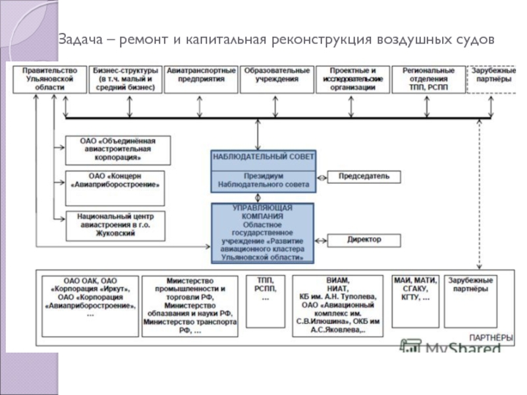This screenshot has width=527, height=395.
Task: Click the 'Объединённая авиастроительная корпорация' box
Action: pyautogui.click(x=118, y=149)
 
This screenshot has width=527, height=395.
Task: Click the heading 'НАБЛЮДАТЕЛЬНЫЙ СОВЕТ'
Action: pyautogui.click(x=263, y=157)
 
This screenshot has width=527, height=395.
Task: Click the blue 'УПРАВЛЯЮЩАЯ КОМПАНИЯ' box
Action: pyautogui.click(x=263, y=233)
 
